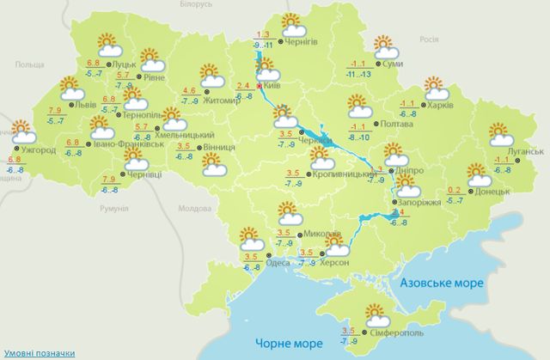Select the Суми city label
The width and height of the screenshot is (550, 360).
(x=394, y=64)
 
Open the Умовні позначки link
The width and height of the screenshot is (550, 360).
(x=37, y=353)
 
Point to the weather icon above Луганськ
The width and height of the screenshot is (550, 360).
(x=500, y=133)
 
